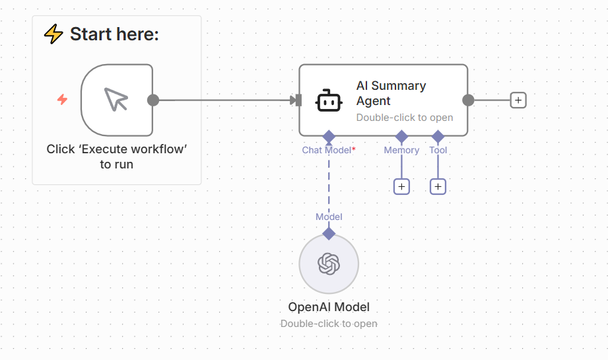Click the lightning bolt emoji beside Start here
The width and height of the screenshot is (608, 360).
53,34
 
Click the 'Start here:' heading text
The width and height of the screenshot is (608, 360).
114,34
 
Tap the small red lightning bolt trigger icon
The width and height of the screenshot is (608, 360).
62,100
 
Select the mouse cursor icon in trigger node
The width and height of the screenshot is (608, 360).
116,100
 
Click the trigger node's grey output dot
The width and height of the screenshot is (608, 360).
153,100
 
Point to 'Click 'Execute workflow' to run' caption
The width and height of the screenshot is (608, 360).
116,157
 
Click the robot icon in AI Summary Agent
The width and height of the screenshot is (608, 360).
329,100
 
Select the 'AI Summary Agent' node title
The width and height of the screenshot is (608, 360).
391,93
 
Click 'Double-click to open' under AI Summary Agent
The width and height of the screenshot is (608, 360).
405,118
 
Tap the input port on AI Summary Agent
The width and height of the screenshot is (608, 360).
298,100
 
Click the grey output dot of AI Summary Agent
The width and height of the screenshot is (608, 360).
468,100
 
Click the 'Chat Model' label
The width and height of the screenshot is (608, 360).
326,150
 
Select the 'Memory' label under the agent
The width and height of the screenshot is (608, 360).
401,150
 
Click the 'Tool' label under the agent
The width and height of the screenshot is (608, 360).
438,150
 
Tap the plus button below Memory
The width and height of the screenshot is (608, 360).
401,187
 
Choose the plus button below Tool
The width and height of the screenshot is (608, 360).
438,187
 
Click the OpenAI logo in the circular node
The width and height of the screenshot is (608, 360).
329,264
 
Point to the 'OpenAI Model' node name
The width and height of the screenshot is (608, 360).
329,307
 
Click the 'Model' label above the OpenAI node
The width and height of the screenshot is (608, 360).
329,217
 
